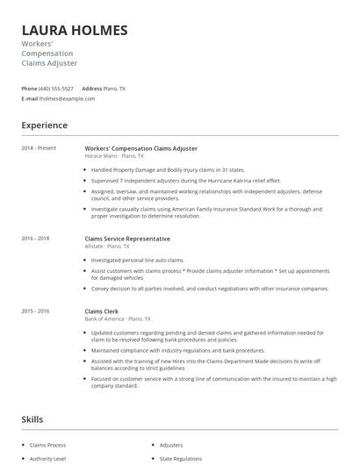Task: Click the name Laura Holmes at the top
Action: coord(75,30)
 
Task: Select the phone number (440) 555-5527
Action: coord(56,89)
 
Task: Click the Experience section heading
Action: coord(44,125)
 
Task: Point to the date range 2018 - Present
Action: coord(39,148)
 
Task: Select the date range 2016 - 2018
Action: coord(36,239)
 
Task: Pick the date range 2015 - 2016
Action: coord(36,311)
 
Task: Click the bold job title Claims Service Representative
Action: coord(127,239)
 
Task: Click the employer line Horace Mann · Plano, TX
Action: coord(114,156)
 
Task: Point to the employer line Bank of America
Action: coord(118,318)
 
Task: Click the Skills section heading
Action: coord(32,419)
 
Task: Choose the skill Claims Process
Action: coord(49,445)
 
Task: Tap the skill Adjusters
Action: coord(171,445)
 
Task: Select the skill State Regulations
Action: coord(180,458)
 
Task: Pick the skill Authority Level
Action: coord(49,458)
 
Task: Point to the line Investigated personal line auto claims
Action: coord(138,261)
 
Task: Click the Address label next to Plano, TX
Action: coord(91,89)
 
